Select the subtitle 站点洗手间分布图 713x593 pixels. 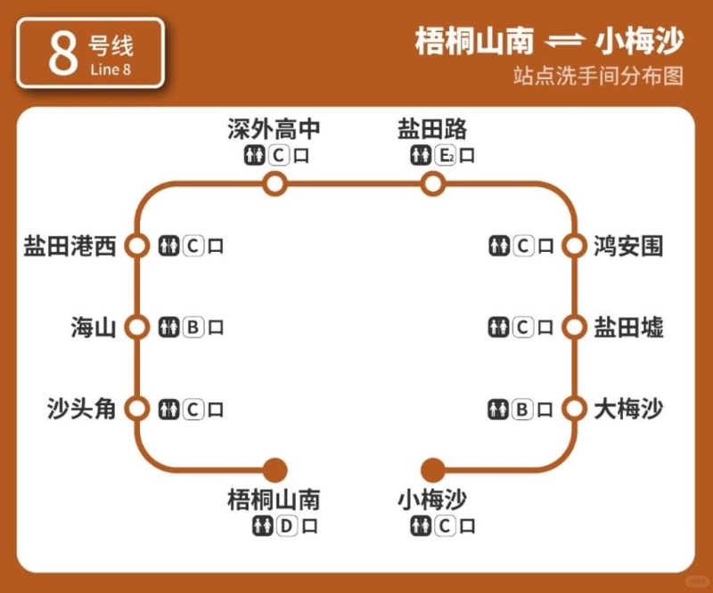pos(598,76)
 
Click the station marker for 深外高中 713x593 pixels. pos(275,184)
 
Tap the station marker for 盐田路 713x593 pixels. pos(432,184)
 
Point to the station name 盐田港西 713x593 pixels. pos(70,246)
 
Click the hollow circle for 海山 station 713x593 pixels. pos(136,327)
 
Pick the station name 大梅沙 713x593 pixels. pos(628,410)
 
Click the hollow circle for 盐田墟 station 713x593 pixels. pos(572,327)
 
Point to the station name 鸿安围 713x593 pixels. pos(628,246)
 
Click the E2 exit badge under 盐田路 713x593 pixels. pos(446,156)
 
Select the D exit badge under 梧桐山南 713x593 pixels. pos(285,526)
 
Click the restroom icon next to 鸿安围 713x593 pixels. pos(498,246)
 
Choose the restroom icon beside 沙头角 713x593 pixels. pos(168,410)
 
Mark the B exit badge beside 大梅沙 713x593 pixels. pos(523,410)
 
